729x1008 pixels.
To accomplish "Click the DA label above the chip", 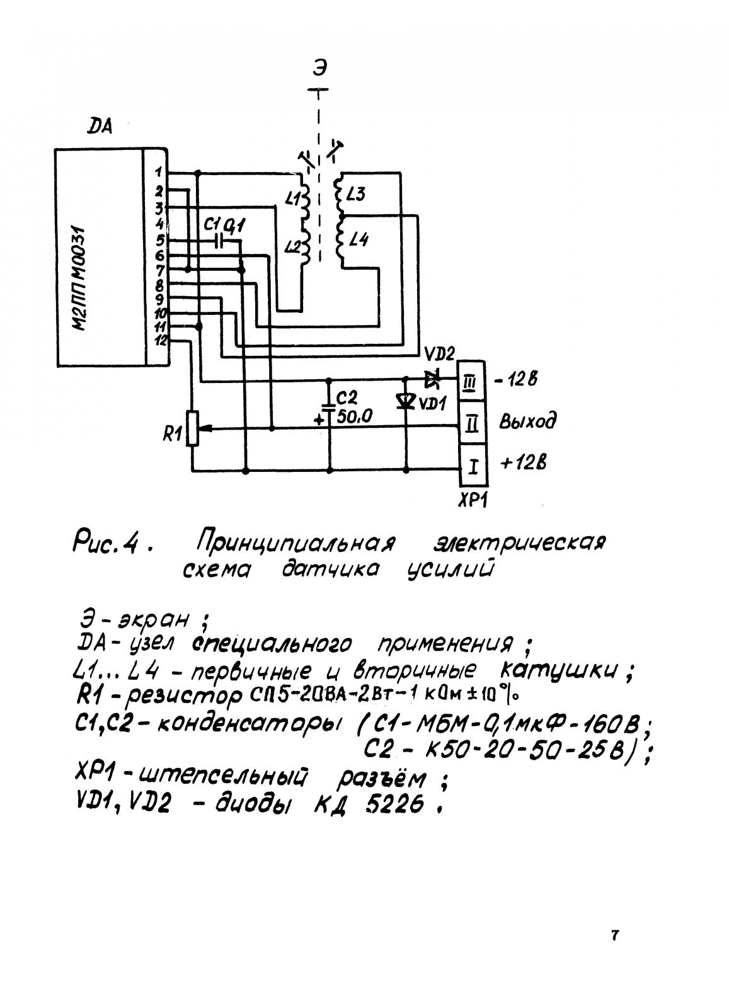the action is [x=100, y=127].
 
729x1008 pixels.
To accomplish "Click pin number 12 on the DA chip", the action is [x=160, y=341].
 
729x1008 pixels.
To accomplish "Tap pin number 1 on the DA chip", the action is [x=158, y=171].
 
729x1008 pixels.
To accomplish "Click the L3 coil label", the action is [x=355, y=195].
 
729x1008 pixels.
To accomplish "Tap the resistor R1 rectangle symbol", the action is [x=192, y=428].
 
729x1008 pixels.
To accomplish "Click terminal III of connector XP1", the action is [x=471, y=384].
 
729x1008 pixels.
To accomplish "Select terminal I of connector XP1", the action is [x=473, y=467].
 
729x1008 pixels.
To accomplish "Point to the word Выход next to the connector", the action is [x=527, y=421].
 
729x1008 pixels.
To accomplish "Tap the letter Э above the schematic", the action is [x=319, y=69].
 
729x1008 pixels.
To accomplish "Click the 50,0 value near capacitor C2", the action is [x=354, y=416].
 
